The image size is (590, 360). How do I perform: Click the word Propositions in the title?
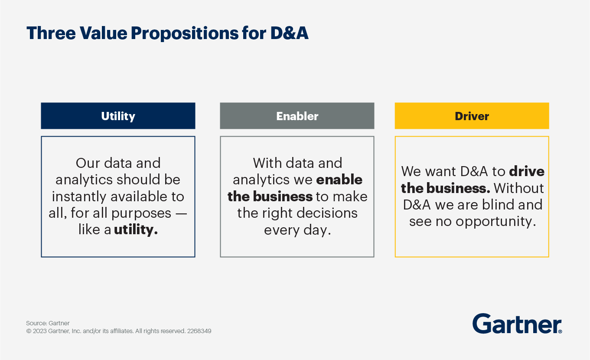tap(184, 34)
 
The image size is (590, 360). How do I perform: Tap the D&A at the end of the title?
tap(289, 33)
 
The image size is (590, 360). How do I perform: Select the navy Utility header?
tap(118, 116)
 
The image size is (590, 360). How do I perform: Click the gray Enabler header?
tap(297, 116)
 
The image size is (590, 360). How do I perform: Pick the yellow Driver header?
tap(472, 116)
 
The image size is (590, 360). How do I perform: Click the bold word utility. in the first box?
tap(136, 229)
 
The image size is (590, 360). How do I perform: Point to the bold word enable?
tap(339, 180)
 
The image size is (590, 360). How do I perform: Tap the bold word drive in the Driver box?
tap(527, 171)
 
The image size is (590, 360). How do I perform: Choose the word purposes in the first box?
tap(141, 214)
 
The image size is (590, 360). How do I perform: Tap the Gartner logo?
tap(517, 324)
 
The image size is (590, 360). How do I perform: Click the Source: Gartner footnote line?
tap(48, 323)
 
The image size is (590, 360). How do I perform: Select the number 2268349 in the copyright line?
tap(199, 331)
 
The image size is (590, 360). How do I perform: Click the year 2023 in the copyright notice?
tap(40, 331)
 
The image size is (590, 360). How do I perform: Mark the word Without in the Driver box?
tap(518, 188)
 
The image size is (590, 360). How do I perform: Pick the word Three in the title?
tap(51, 33)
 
